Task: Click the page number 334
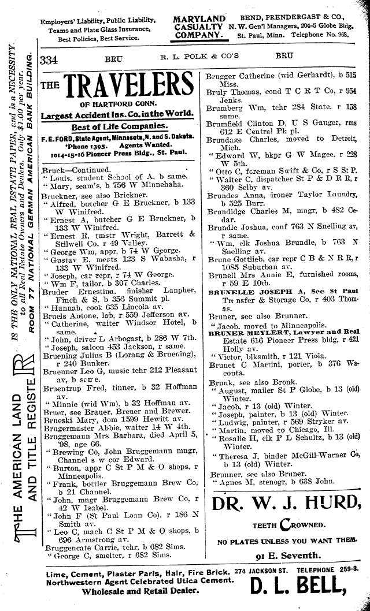(x=53, y=60)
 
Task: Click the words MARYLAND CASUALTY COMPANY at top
(x=198, y=28)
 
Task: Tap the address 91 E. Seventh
(x=287, y=556)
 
